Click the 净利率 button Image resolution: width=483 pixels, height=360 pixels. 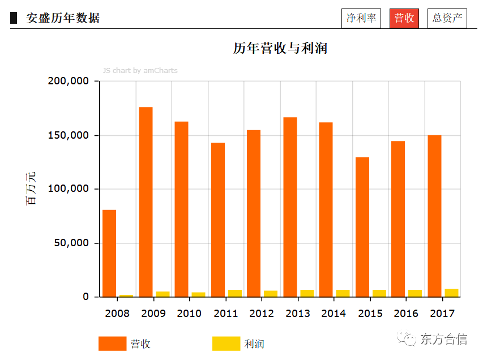pos(361,18)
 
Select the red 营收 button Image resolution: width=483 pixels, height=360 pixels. pos(404,18)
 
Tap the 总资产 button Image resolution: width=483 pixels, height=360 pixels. pos(447,18)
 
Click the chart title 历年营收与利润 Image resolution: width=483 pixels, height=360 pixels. pos(280,48)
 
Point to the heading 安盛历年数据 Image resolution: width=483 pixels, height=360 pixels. pos(63,18)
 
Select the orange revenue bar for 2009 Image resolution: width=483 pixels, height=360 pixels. pos(146,202)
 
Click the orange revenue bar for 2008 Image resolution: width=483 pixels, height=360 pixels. pos(109,253)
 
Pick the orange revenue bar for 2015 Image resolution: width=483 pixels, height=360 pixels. pos(362,226)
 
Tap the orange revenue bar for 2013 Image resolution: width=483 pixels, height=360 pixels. pos(290,207)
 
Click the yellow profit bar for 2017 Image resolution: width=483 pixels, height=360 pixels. pos(451,293)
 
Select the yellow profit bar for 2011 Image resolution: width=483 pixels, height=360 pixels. pos(234,293)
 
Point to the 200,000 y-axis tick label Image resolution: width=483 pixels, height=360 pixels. pos(69,82)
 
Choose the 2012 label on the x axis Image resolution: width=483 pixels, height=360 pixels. pos(261,314)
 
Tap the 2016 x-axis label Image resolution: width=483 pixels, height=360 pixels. pos(405,314)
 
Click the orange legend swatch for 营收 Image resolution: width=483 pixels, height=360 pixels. pos(112,344)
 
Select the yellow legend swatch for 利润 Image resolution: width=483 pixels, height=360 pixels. pos(226,344)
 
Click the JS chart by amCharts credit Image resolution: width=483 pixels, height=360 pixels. pos(140,71)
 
